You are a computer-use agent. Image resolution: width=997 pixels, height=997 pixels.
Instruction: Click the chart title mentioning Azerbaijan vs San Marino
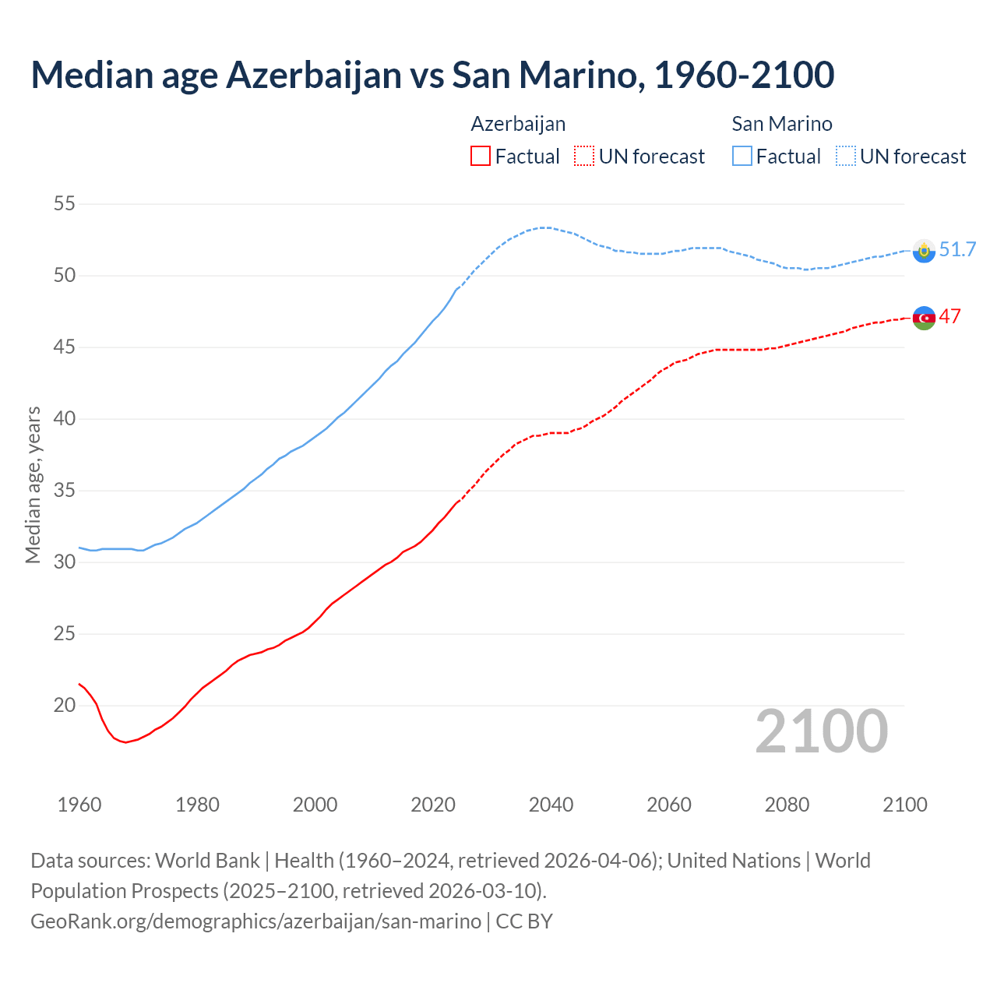pyautogui.click(x=432, y=75)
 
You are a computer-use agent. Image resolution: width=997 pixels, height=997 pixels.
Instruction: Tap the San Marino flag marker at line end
pyautogui.click(x=924, y=251)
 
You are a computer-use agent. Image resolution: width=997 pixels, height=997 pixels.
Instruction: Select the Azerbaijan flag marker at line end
pyautogui.click(x=924, y=318)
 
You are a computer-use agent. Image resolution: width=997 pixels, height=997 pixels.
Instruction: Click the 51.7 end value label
pyautogui.click(x=957, y=249)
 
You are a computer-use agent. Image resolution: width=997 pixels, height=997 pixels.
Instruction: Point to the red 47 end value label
pyautogui.click(x=950, y=316)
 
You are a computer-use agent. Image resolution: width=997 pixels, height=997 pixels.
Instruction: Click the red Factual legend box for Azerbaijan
pyautogui.click(x=481, y=157)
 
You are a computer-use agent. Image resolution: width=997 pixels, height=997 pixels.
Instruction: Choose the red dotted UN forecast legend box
pyautogui.click(x=584, y=157)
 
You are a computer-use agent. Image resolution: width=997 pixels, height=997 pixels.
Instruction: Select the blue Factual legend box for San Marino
pyautogui.click(x=742, y=157)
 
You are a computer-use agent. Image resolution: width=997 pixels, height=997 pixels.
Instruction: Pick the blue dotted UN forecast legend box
pyautogui.click(x=846, y=157)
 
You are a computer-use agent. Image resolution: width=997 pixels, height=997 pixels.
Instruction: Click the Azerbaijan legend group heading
pyautogui.click(x=518, y=124)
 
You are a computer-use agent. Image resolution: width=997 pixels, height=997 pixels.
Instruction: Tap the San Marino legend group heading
pyautogui.click(x=782, y=124)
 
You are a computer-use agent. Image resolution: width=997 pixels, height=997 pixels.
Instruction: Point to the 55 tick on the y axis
pyautogui.click(x=65, y=204)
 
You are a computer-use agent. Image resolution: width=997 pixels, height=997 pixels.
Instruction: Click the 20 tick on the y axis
pyautogui.click(x=65, y=706)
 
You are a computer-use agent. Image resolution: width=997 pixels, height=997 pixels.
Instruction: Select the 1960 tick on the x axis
pyautogui.click(x=79, y=805)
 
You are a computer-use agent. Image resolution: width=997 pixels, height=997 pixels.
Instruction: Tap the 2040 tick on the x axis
pyautogui.click(x=551, y=805)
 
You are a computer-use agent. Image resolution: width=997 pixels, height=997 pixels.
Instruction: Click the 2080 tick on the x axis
pyautogui.click(x=787, y=805)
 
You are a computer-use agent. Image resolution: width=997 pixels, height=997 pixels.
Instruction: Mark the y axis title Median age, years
pyautogui.click(x=33, y=484)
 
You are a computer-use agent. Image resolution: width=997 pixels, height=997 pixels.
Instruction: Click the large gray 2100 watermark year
pyautogui.click(x=821, y=731)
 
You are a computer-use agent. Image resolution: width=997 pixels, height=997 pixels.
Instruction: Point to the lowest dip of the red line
pyautogui.click(x=125, y=742)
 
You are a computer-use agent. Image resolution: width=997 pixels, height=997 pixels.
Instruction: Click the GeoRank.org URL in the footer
pyautogui.click(x=255, y=921)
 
